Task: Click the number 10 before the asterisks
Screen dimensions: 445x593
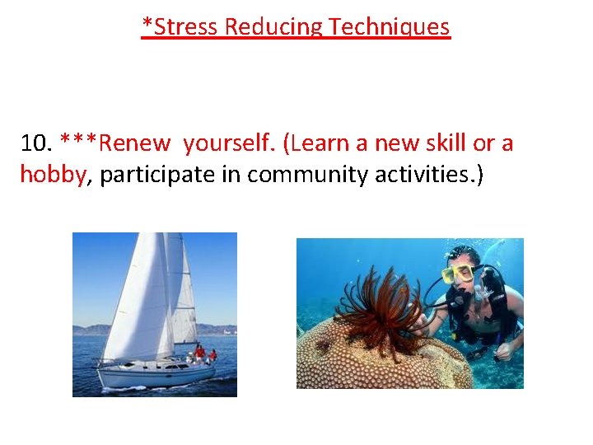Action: [36, 143]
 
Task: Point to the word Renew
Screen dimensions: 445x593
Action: [134, 143]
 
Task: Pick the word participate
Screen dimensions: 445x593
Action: [170, 175]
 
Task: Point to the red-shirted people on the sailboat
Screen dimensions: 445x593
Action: [203, 354]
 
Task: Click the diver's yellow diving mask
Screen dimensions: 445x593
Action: [458, 274]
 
